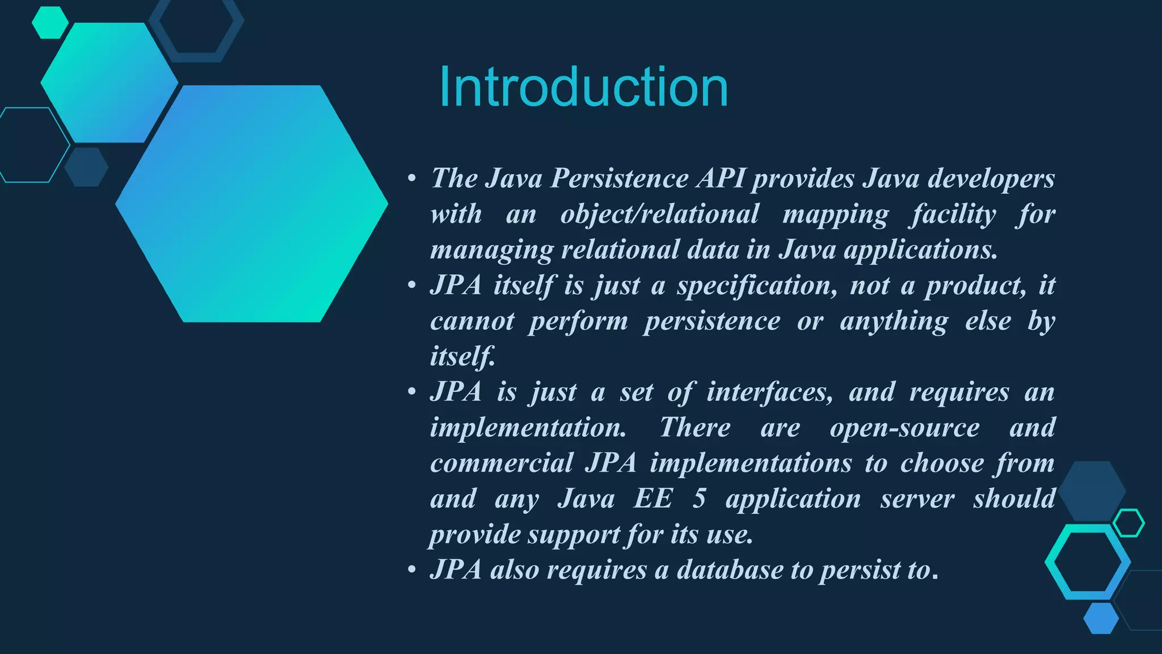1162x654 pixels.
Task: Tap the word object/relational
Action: tap(659, 215)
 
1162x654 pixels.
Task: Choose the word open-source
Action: tap(904, 427)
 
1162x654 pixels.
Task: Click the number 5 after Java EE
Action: tap(699, 499)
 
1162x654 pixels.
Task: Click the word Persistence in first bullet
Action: tap(620, 178)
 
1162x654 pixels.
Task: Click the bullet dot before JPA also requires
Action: tap(412, 570)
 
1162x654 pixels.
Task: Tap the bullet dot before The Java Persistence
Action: tap(412, 179)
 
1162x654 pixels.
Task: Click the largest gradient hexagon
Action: tap(252, 203)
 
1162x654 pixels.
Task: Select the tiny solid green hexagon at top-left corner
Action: tap(50, 23)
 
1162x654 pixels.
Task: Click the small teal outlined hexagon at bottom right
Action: tap(1129, 523)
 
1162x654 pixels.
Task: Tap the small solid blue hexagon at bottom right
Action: tap(1101, 618)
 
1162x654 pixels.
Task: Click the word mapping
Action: tap(835, 215)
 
